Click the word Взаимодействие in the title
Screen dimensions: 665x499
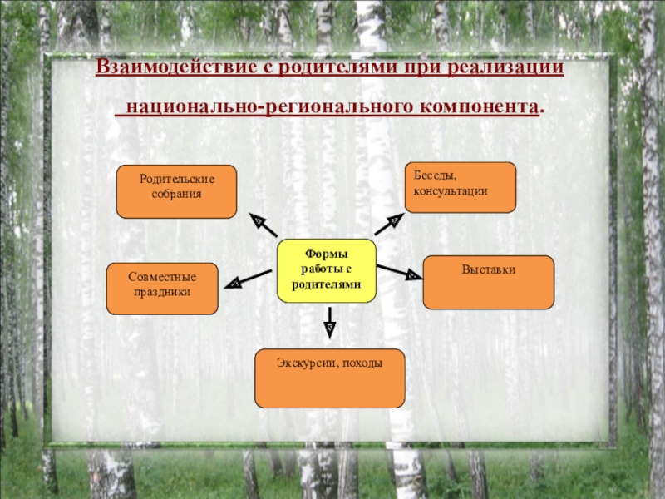click(x=171, y=66)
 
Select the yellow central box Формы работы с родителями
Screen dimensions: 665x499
click(x=327, y=269)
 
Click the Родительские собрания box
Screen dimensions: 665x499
click(x=176, y=191)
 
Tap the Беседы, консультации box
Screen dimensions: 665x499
click(x=460, y=186)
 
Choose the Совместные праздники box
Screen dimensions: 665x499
click(x=162, y=289)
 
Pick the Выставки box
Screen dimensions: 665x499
click(x=488, y=282)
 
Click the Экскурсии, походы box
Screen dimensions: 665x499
click(x=329, y=378)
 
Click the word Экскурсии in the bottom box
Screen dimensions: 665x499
click(x=305, y=363)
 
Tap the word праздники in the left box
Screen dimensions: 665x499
click(x=161, y=294)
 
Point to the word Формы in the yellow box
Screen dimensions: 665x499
click(x=327, y=254)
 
